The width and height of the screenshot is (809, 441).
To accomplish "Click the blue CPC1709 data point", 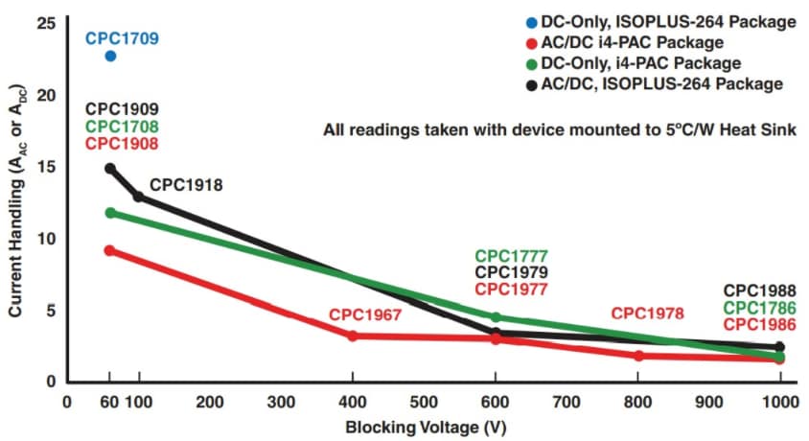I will coord(110,56).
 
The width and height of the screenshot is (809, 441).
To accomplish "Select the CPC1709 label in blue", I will coord(122,39).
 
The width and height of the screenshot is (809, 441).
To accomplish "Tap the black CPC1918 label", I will coord(186,184).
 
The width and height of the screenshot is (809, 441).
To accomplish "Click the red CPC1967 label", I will coord(364,314).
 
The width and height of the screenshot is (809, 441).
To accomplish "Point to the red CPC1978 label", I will coord(648,313).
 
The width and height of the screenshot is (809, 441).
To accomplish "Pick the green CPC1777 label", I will coord(511,256).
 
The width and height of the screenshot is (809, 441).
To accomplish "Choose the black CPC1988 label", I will coord(759,290).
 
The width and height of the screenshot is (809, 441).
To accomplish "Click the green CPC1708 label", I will coord(122,127).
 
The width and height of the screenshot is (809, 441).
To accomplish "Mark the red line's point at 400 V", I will coord(352,336).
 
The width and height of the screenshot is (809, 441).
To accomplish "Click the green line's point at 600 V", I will coord(496,316).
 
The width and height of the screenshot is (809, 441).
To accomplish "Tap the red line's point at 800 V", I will coord(637,356).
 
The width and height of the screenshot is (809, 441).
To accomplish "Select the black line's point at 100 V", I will coord(138,197).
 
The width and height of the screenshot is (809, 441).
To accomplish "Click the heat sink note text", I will coord(559,130).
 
